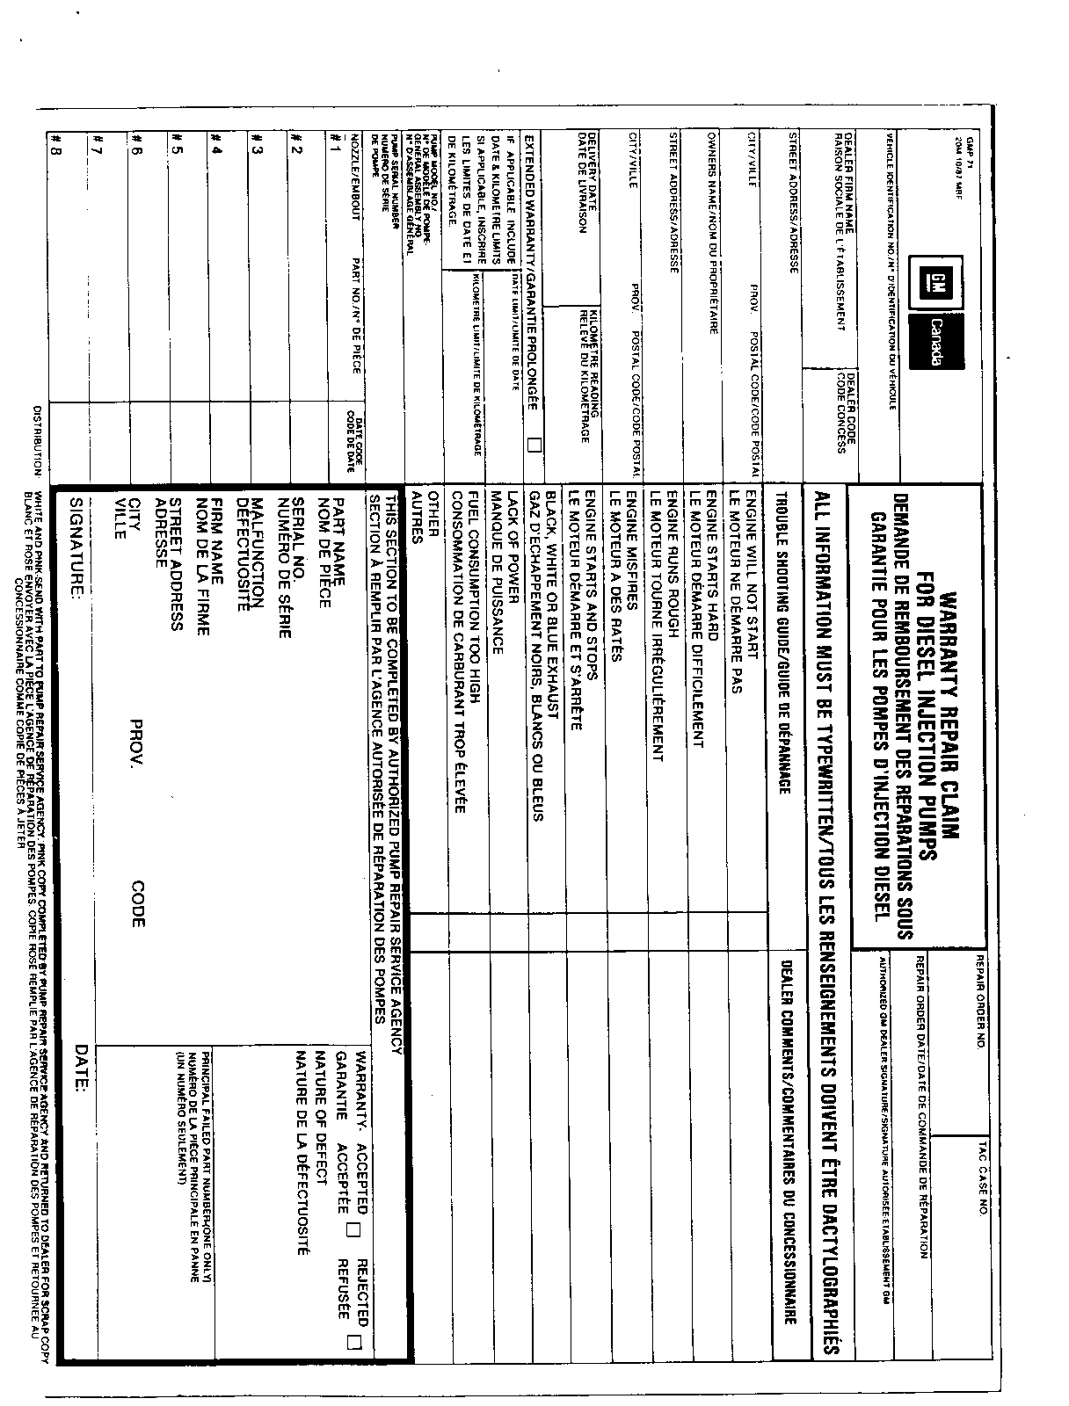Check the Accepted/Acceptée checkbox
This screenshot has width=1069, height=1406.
[353, 1231]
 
